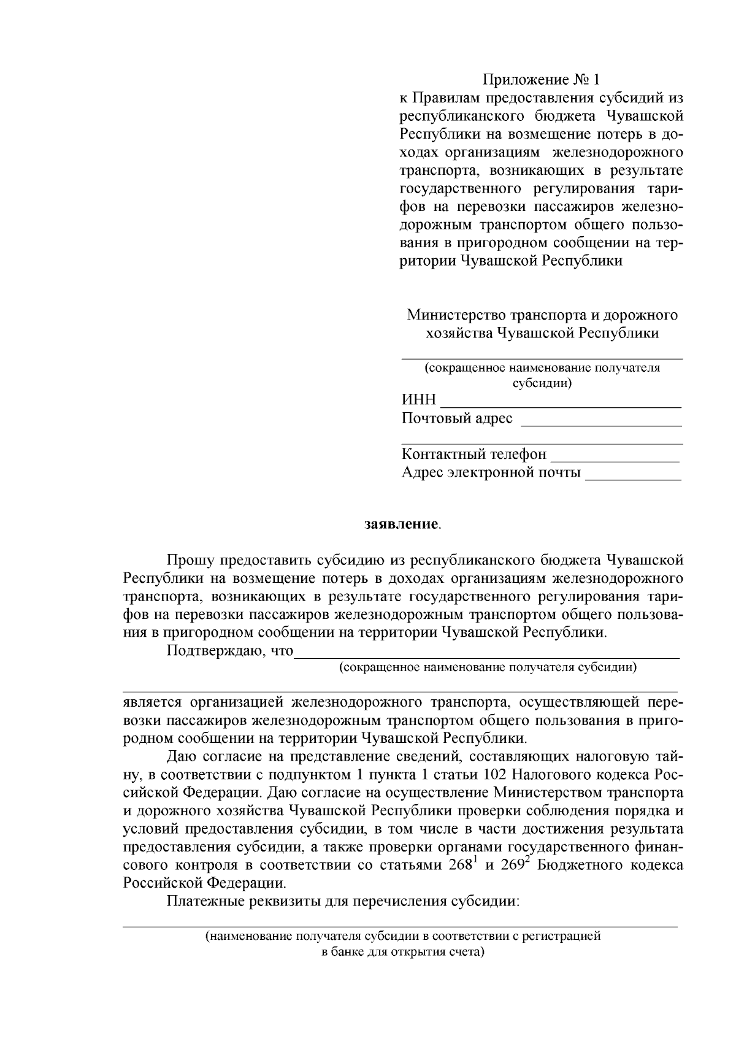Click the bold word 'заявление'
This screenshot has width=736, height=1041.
[402, 525]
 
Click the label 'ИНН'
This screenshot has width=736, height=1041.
[419, 401]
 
